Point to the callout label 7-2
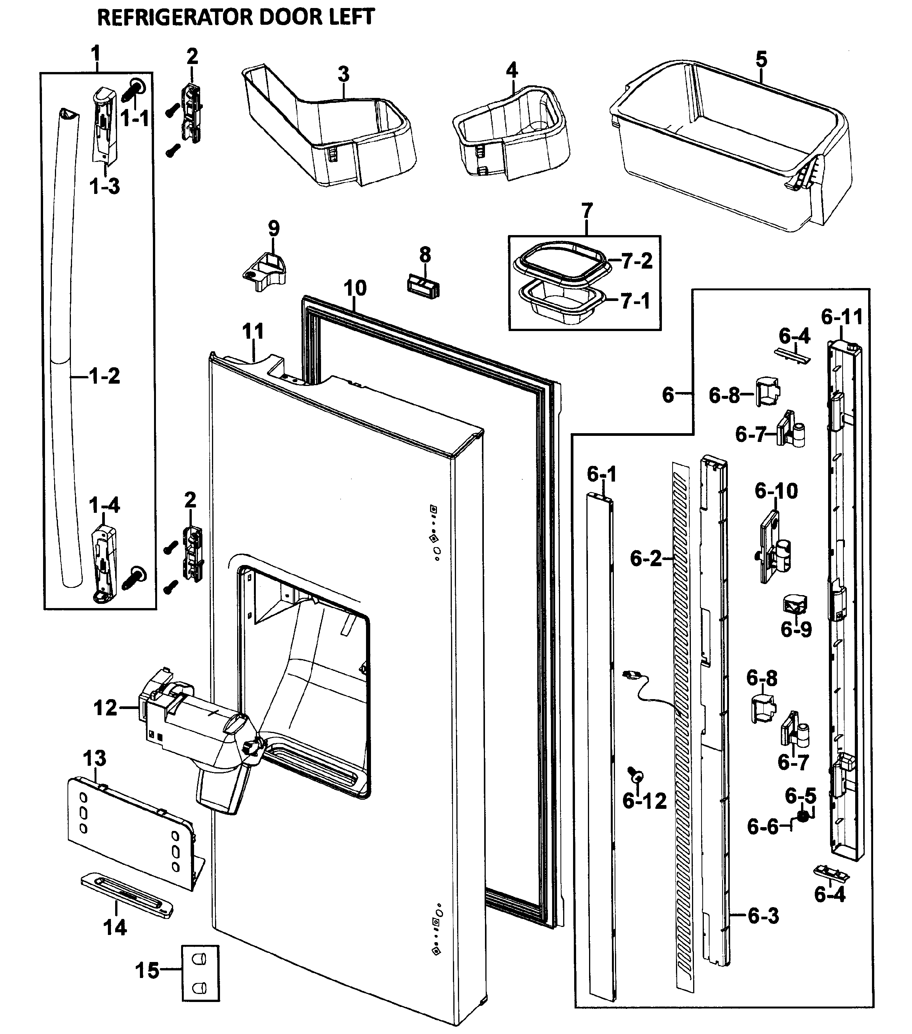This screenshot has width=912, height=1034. (636, 261)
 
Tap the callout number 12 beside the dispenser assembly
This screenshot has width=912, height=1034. (105, 708)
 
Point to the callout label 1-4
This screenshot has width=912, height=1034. (104, 505)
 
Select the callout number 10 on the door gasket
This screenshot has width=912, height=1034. (355, 288)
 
